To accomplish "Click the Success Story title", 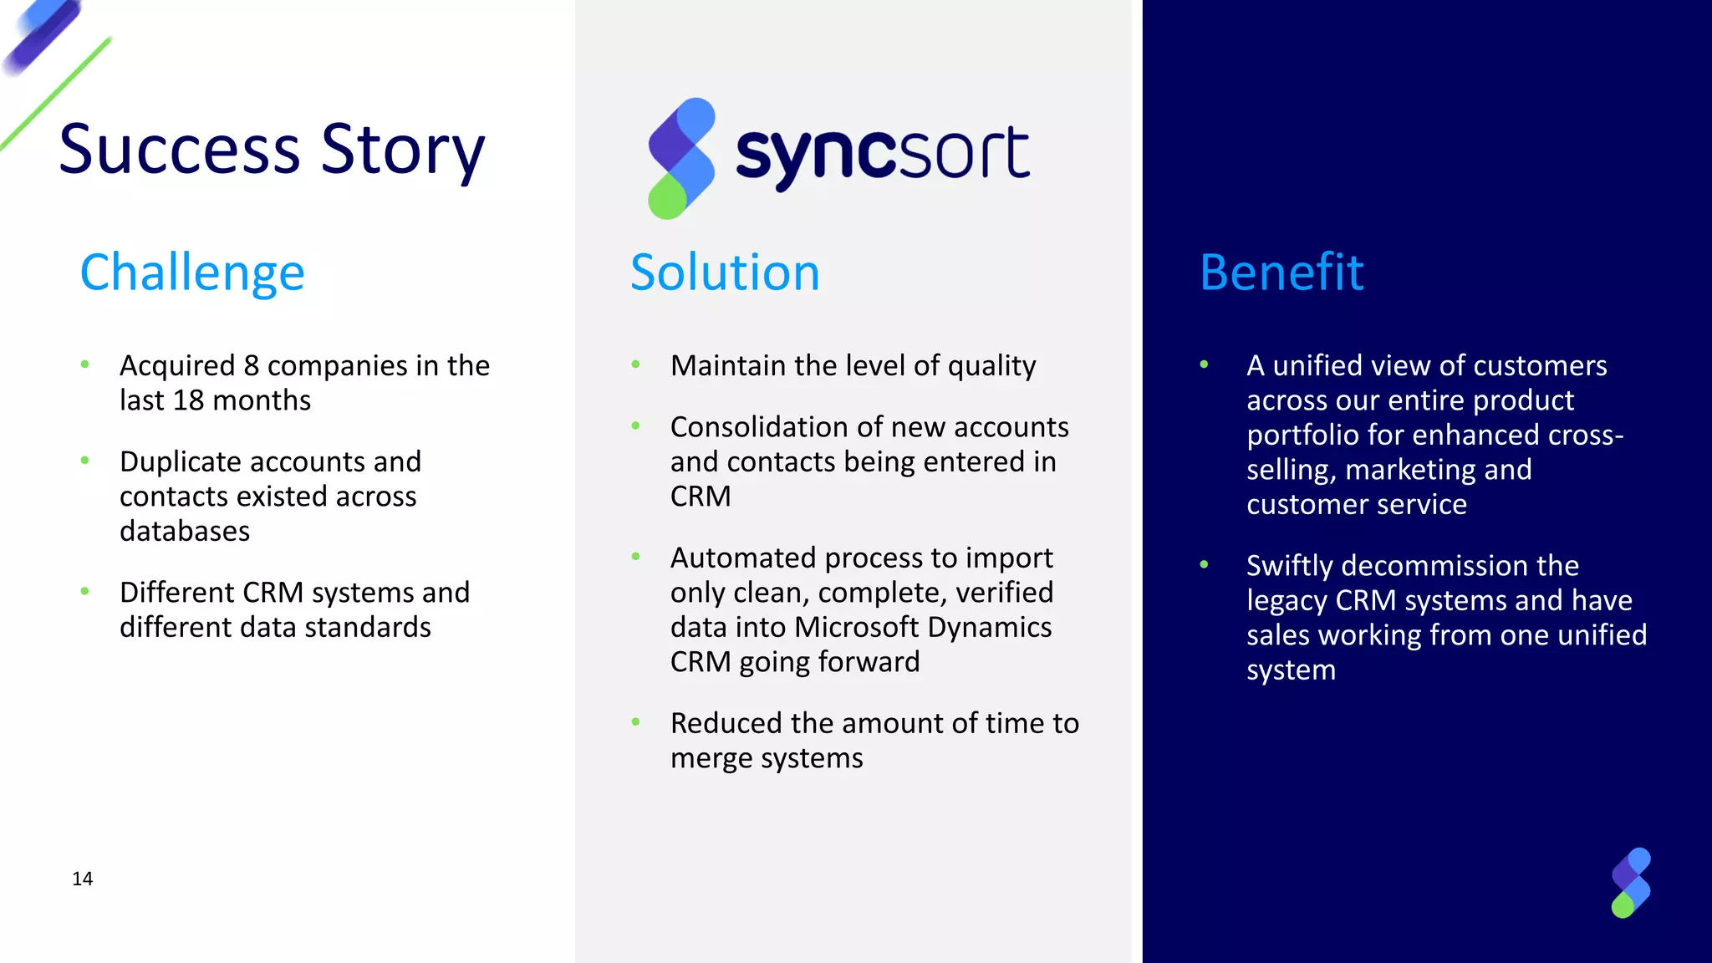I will (x=272, y=150).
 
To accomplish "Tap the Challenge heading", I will (x=192, y=273).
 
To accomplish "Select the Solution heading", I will (x=725, y=273).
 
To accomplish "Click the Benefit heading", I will (x=1281, y=273).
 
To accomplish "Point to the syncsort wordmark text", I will (x=882, y=155).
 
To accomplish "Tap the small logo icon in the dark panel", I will (x=1630, y=883).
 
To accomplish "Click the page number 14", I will (x=82, y=879).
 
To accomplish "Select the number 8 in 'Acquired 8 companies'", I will (x=251, y=366).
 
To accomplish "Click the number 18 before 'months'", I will (x=188, y=400).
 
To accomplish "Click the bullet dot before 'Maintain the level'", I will (x=635, y=364).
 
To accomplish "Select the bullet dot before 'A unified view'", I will (x=1204, y=364).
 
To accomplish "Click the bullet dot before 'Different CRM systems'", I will (x=84, y=591).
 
